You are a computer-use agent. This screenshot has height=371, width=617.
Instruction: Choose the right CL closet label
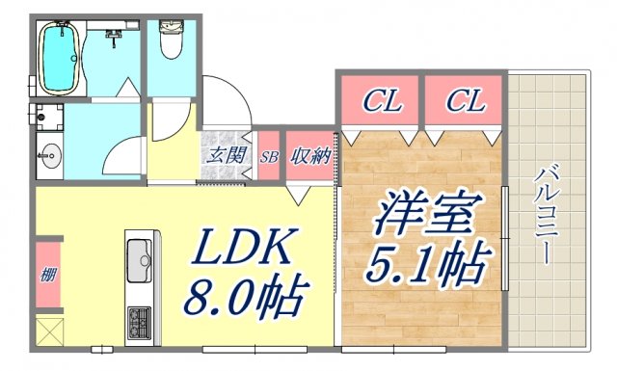pyautogui.click(x=466, y=99)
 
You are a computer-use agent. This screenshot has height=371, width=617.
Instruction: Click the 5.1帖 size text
pyautogui.click(x=423, y=263)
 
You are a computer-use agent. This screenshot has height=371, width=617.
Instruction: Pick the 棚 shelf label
pyautogui.click(x=48, y=275)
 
